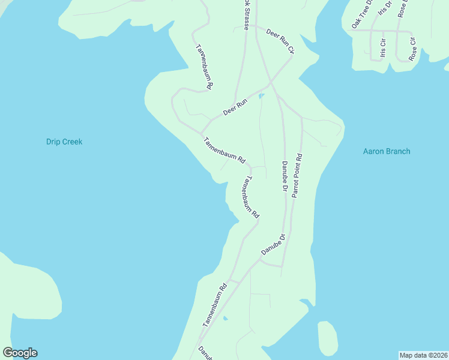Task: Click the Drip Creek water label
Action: pyautogui.click(x=64, y=142)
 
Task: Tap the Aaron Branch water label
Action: pyautogui.click(x=387, y=151)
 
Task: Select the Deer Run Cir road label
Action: pyautogui.click(x=279, y=42)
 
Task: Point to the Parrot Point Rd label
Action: pyautogui.click(x=297, y=176)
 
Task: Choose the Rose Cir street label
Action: pyautogui.click(x=412, y=49)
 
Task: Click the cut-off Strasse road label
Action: pyautogui.click(x=246, y=15)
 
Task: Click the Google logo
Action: pyautogui.click(x=20, y=353)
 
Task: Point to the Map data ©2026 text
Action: pyautogui.click(x=423, y=355)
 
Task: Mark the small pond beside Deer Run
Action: pyautogui.click(x=261, y=96)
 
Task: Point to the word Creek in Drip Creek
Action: pyautogui.click(x=71, y=142)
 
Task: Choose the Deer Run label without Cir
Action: pyautogui.click(x=235, y=107)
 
